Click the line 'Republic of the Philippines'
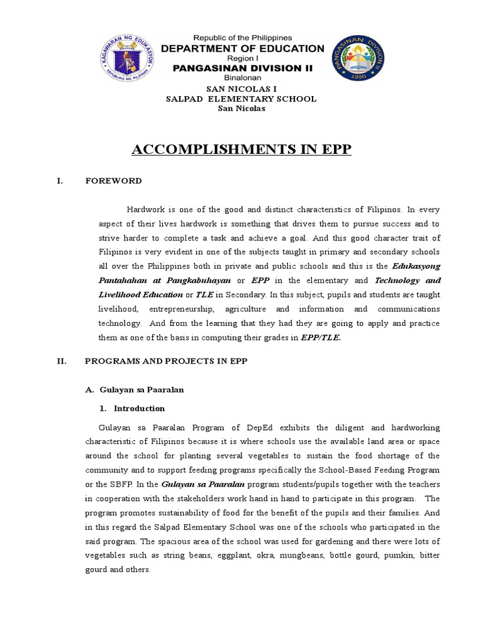(x=242, y=38)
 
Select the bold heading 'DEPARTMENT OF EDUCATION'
(x=243, y=49)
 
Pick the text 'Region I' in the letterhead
(x=242, y=58)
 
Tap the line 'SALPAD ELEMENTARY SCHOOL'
(x=241, y=99)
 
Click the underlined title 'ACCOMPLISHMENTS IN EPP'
(x=241, y=151)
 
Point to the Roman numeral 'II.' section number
(x=62, y=361)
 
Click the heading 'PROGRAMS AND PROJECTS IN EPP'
(x=167, y=361)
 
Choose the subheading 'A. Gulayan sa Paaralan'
(x=134, y=390)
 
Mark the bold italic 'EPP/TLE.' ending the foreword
(x=323, y=337)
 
